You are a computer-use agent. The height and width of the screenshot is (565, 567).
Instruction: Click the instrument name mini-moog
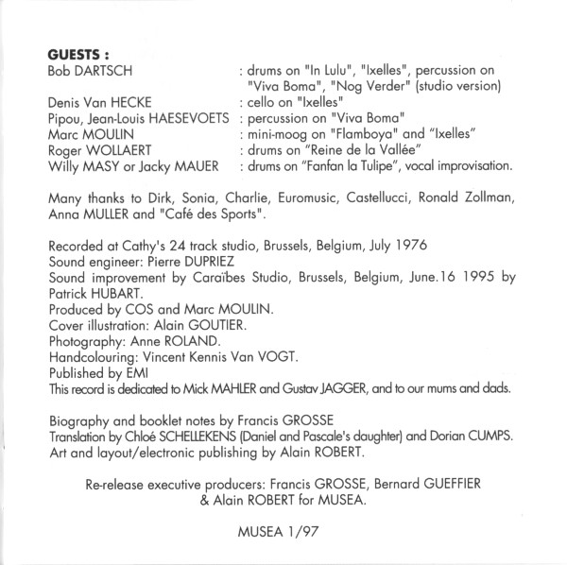coord(276,135)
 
